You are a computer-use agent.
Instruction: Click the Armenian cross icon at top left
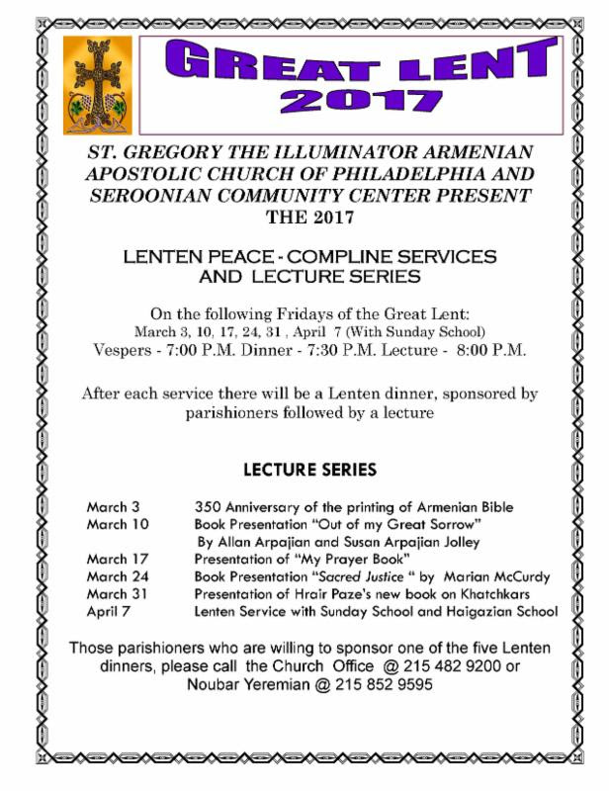pos(97,86)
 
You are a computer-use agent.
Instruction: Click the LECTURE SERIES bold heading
pos(309,468)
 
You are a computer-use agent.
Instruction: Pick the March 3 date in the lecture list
pos(112,507)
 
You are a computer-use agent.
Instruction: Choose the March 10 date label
pos(115,524)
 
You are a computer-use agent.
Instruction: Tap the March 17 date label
pos(115,559)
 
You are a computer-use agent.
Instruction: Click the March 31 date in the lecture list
pos(115,593)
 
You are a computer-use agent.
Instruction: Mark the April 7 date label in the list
pos(107,611)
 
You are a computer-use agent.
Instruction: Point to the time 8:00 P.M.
pos(491,350)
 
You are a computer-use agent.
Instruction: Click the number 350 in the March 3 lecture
pos(208,507)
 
